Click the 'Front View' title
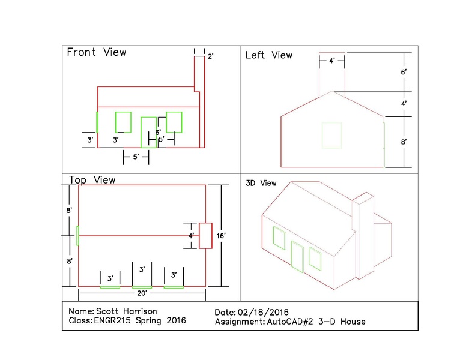97,52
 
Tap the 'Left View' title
269,55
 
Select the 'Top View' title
92,180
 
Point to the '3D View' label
261,183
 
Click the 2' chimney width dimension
211,56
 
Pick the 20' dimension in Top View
142,293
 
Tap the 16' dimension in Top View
221,236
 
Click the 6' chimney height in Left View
404,72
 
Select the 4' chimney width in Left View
332,61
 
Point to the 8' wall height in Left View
404,142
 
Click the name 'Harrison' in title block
140,311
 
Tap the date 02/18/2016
263,312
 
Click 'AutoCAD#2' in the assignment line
290,322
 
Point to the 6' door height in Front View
158,132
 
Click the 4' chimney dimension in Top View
191,236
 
